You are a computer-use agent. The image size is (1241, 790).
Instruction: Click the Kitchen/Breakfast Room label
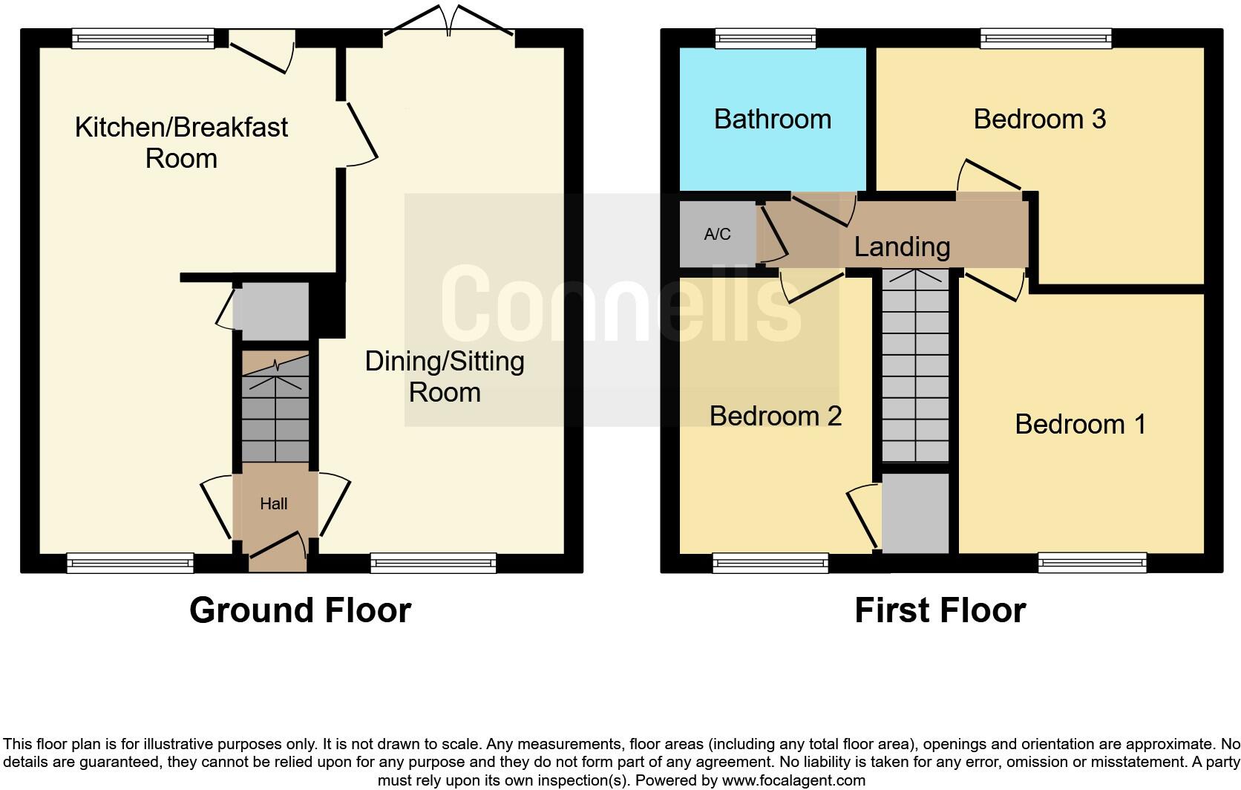click(181, 143)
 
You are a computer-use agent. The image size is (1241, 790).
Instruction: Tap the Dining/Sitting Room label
click(445, 376)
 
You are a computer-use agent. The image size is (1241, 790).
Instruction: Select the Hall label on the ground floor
click(273, 504)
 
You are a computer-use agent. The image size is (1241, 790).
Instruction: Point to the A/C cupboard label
click(717, 235)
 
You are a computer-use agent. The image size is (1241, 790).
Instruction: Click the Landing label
click(902, 247)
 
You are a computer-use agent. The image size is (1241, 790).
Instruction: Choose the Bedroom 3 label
click(1039, 119)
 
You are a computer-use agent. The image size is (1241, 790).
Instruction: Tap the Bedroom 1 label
click(1080, 424)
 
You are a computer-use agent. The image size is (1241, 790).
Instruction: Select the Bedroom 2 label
click(776, 416)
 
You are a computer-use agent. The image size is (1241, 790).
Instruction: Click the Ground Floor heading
click(300, 610)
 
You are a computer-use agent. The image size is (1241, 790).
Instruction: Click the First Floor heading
click(940, 610)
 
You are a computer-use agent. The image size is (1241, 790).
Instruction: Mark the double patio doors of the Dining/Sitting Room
click(448, 22)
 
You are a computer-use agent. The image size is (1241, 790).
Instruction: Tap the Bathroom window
click(765, 38)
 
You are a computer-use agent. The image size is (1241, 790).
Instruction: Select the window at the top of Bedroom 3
click(1046, 38)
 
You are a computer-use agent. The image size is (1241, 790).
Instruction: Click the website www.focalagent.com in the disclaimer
click(793, 780)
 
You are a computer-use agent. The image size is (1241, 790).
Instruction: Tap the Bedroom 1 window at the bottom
click(1092, 563)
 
